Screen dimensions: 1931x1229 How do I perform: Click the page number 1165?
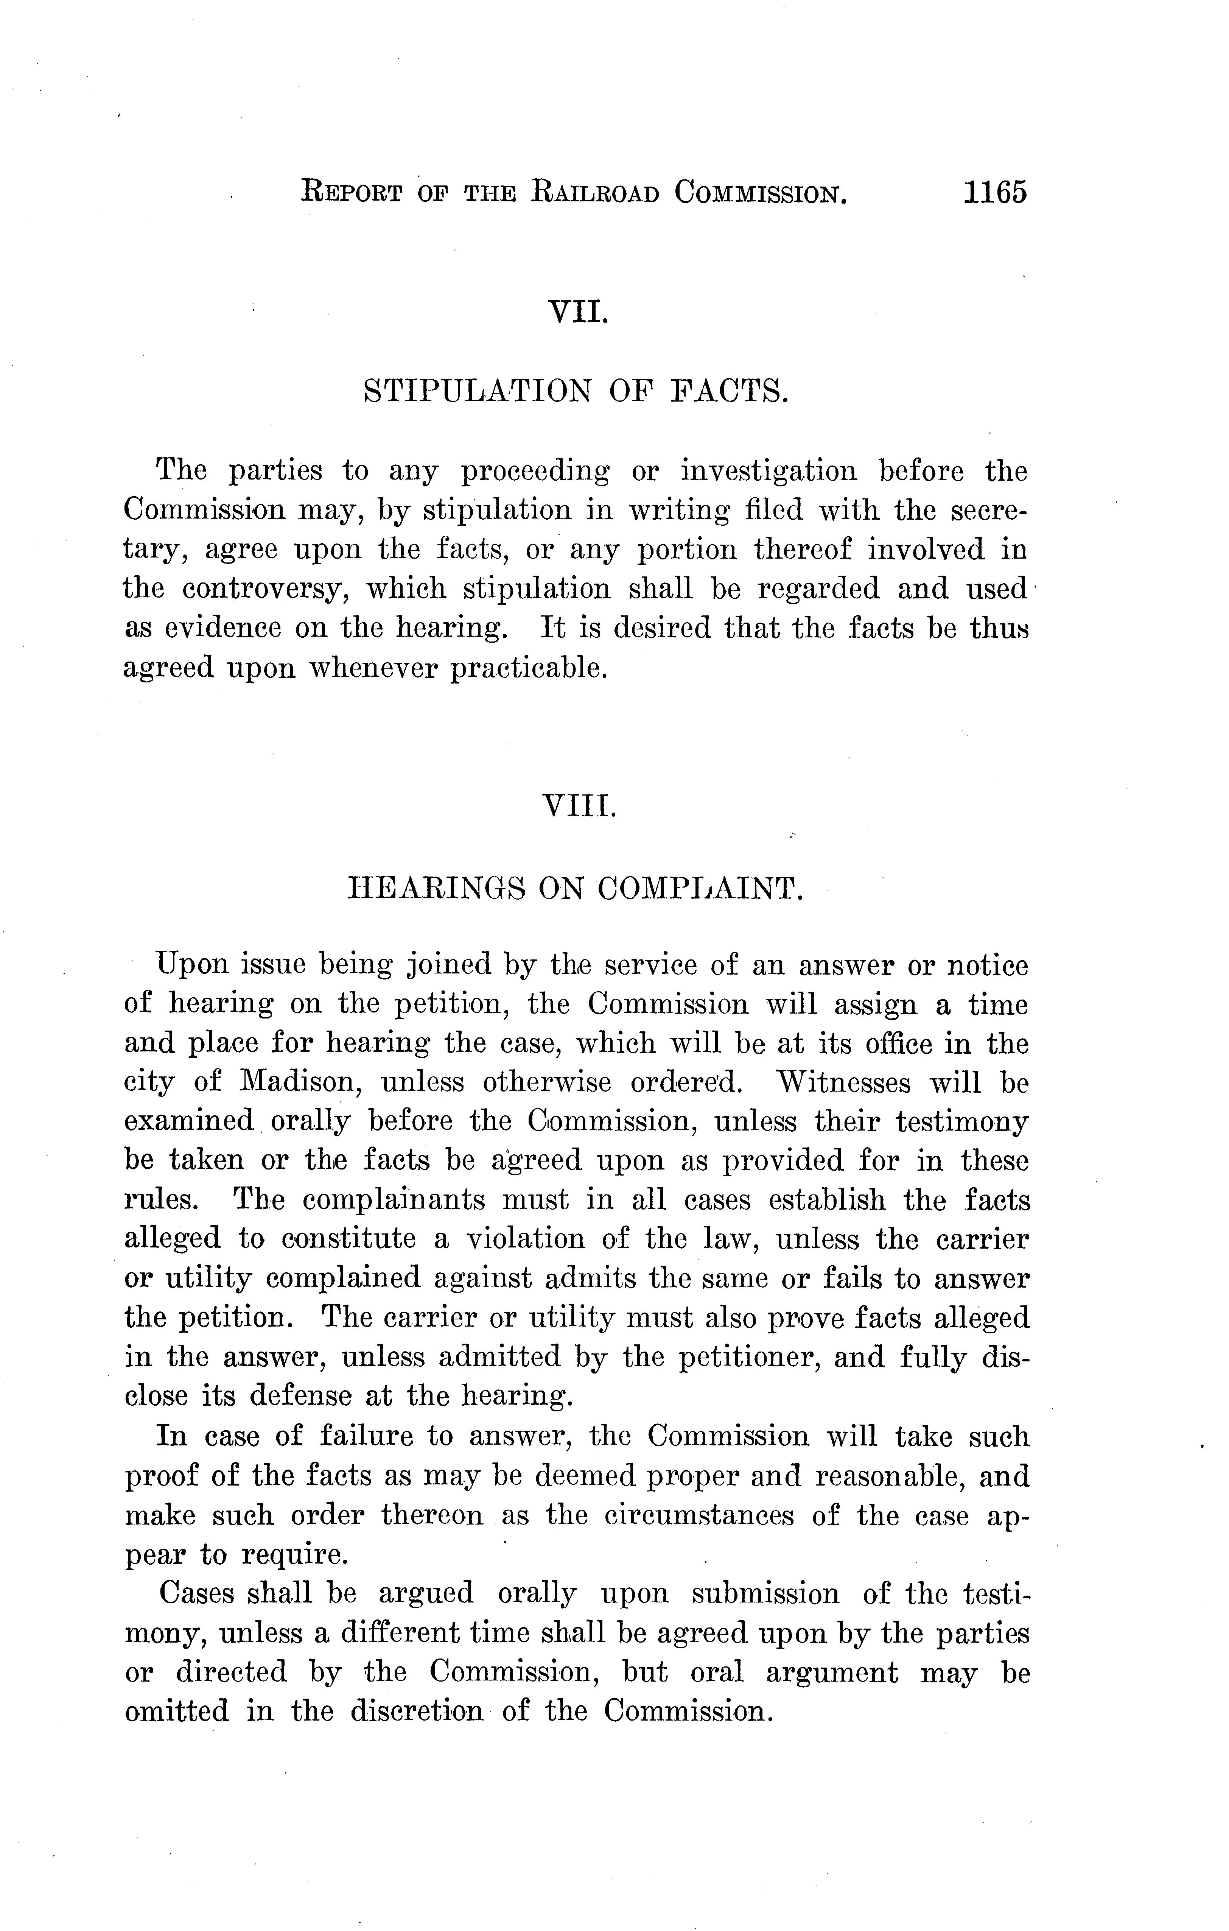tap(994, 193)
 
